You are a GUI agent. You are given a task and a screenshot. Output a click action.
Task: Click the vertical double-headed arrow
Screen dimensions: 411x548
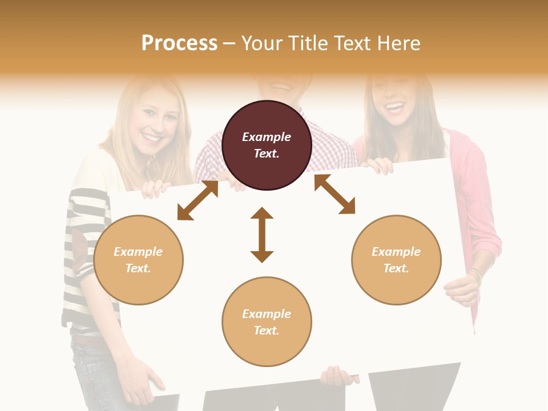pos(262,235)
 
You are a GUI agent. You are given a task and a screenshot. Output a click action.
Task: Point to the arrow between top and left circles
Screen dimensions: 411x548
pos(198,200)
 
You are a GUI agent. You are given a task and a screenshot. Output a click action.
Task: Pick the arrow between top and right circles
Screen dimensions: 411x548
pos(335,194)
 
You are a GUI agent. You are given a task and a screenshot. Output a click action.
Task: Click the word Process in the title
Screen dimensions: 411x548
pos(179,43)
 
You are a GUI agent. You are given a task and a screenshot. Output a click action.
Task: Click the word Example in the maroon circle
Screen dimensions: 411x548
pos(267,137)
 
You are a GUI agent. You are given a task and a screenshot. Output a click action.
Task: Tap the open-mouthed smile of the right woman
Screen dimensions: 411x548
pos(394,106)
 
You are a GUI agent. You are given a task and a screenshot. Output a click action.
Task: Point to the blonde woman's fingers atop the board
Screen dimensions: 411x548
pos(155,187)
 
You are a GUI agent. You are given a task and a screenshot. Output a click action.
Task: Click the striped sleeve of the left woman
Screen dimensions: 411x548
pos(86,228)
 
